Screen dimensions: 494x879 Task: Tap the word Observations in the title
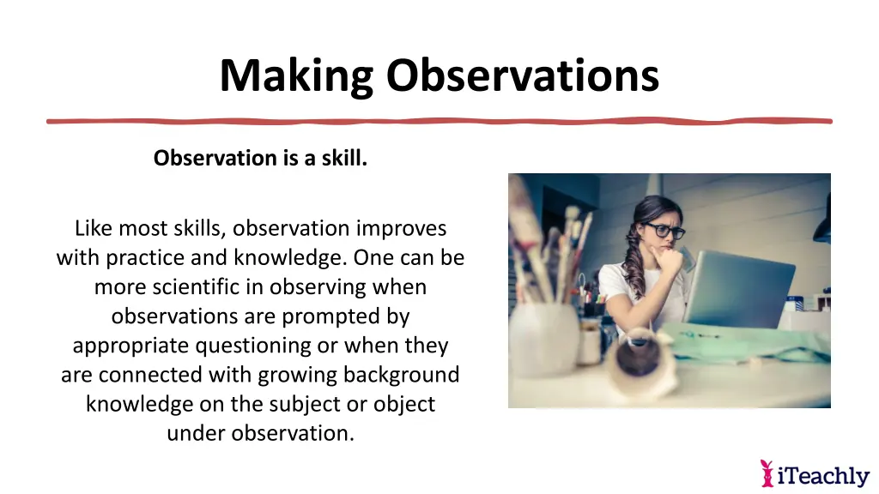[522, 75]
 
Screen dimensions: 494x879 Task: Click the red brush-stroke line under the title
[439, 121]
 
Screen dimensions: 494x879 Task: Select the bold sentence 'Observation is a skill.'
[260, 159]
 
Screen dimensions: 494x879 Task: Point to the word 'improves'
[401, 229]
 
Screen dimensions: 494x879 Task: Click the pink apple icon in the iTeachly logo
[767, 473]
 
